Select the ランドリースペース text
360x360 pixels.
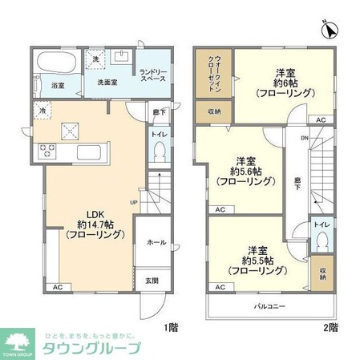(x=152, y=75)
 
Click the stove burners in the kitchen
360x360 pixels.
(x=44, y=149)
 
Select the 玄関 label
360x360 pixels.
(x=152, y=280)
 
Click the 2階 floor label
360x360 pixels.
(x=331, y=327)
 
